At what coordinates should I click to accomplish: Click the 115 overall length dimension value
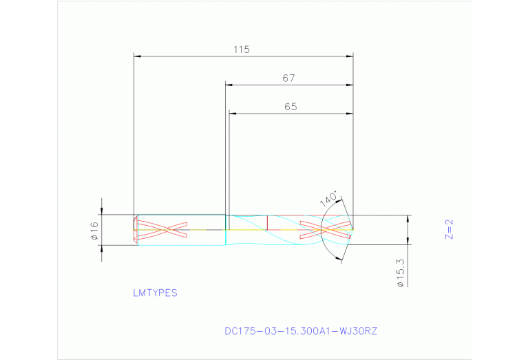click(x=241, y=50)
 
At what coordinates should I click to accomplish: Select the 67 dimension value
click(x=288, y=78)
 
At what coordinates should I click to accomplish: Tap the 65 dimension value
click(x=290, y=107)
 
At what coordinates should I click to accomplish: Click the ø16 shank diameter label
click(x=95, y=231)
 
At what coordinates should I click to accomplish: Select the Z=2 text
click(x=449, y=229)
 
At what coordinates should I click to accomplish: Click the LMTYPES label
click(x=155, y=293)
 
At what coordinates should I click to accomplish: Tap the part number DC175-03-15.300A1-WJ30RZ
click(x=301, y=331)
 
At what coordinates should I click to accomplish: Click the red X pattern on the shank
click(x=162, y=229)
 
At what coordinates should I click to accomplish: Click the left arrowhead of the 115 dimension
click(x=137, y=56)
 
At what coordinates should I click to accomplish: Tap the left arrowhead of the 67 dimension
click(x=229, y=85)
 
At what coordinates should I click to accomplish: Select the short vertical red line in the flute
click(x=267, y=222)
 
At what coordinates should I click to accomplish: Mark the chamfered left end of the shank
click(x=136, y=230)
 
